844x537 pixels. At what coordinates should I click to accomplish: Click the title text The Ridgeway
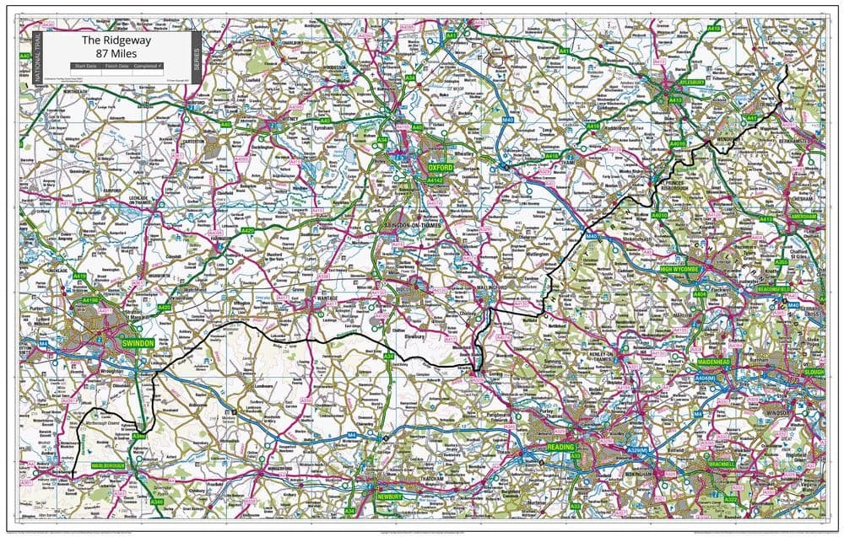114,40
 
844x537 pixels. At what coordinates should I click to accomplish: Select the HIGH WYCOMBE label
680,270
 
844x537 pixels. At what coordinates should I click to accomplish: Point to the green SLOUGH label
814,372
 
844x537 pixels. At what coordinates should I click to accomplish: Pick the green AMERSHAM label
803,217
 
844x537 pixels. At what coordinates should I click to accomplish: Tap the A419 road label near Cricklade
80,276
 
